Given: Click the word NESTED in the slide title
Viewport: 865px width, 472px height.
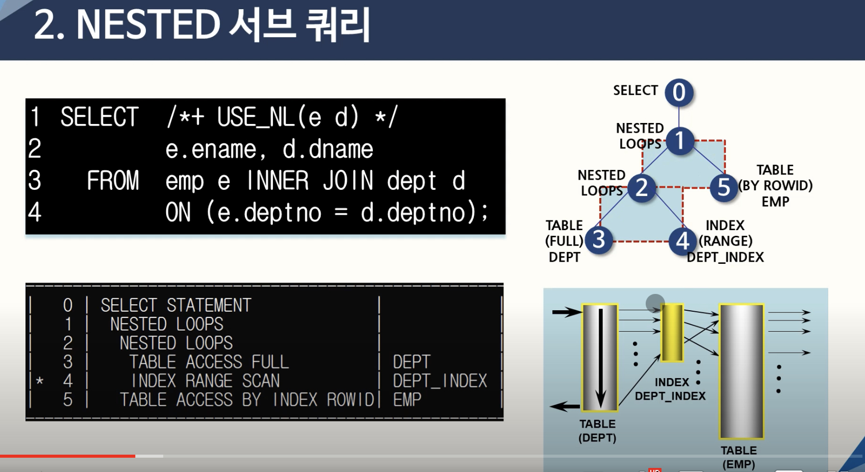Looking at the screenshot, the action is pos(148,24).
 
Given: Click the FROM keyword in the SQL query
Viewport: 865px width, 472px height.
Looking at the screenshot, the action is pos(113,181).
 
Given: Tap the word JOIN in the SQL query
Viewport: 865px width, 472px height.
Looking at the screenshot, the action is pos(348,181).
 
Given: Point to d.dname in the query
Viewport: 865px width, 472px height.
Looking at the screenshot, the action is pos(328,149).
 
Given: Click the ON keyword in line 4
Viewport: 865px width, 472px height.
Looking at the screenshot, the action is pos(178,212).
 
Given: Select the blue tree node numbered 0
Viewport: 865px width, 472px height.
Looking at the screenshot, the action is pos(679,93).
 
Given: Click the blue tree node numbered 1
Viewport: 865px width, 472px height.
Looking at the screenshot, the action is pos(679,141).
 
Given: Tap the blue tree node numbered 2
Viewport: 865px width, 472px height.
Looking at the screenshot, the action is pos(642,188).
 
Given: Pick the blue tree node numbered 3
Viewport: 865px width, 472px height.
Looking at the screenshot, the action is pos(599,240).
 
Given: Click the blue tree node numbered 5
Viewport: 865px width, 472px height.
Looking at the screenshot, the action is pos(724,188).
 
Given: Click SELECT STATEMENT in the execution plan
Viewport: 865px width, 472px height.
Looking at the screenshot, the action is pos(176,305).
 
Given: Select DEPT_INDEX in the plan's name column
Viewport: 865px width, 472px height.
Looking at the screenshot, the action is pos(440,381).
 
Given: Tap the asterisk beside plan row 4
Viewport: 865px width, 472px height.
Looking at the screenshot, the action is pos(40,381).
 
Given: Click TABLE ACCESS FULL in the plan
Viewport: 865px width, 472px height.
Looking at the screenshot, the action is pos(209,362).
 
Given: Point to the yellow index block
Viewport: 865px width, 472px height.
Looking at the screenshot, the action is pos(672,332).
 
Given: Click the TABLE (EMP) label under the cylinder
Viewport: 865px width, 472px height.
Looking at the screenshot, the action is pos(739,457).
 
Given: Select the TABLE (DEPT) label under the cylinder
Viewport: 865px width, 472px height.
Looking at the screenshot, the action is pos(597,431).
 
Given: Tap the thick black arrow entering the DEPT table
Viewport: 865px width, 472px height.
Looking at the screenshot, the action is pos(567,312).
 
